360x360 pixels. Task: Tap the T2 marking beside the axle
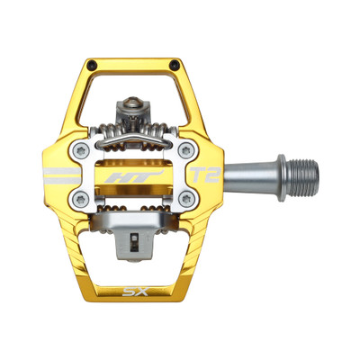pyautogui.click(x=206, y=175)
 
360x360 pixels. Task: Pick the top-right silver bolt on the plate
pyautogui.click(x=185, y=148)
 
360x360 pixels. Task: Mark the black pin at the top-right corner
pyautogui.click(x=177, y=64)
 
